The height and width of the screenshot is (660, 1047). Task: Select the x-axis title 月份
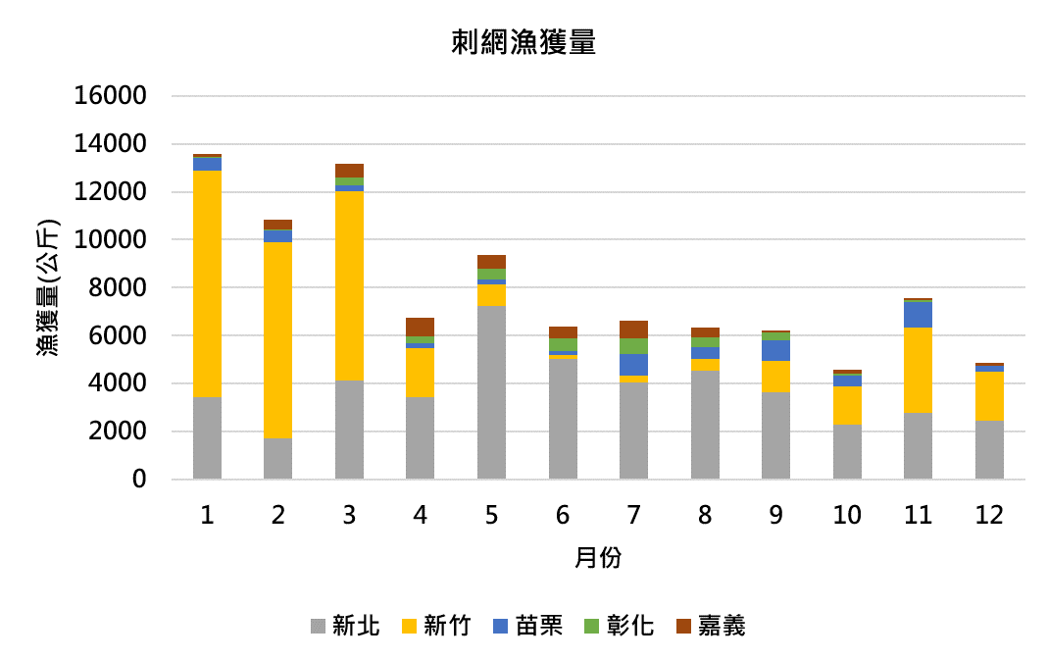pyautogui.click(x=598, y=558)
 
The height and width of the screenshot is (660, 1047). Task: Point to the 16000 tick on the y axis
pyautogui.click(x=111, y=96)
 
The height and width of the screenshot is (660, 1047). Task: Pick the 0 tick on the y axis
pyautogui.click(x=138, y=480)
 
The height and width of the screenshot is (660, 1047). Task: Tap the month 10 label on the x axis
pyautogui.click(x=847, y=515)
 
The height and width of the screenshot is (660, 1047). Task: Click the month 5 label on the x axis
pyautogui.click(x=491, y=515)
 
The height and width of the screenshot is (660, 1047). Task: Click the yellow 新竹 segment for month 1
pyautogui.click(x=207, y=284)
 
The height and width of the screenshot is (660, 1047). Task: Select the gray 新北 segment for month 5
pyautogui.click(x=491, y=392)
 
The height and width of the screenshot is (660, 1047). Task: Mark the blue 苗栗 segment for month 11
pyautogui.click(x=918, y=314)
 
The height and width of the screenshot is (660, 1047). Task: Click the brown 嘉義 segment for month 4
pyautogui.click(x=421, y=327)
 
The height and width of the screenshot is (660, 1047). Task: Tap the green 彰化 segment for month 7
pyautogui.click(x=633, y=346)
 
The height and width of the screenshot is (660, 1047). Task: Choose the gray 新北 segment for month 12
pyautogui.click(x=989, y=450)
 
